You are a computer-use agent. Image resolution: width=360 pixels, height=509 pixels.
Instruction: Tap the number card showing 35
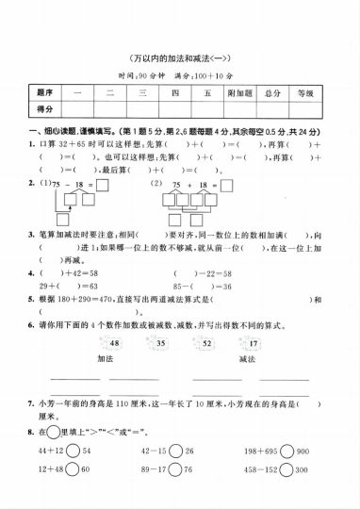click(160, 345)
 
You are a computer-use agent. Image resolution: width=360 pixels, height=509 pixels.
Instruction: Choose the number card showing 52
click(205, 345)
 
